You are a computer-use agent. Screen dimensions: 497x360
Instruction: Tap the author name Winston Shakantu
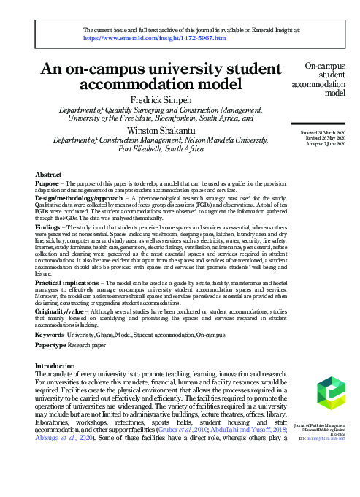160,130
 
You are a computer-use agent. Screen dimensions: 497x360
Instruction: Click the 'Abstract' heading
49,175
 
